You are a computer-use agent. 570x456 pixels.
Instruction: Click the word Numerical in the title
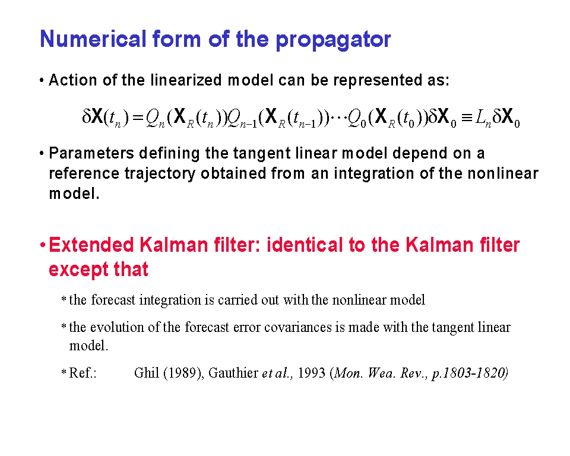tap(93, 39)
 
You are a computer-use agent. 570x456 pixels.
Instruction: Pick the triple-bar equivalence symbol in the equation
tap(467, 118)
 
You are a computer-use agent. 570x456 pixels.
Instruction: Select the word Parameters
tap(91, 153)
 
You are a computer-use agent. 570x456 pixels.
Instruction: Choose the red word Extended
tap(91, 245)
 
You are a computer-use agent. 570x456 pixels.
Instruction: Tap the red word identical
tap(305, 245)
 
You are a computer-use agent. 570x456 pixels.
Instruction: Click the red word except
tap(78, 270)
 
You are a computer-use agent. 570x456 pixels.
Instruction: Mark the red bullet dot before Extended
tap(43, 245)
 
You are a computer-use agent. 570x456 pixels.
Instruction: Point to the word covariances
tap(298, 328)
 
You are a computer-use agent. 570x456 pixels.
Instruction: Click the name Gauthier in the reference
tap(233, 373)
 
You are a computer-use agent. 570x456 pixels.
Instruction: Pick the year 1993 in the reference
tap(312, 373)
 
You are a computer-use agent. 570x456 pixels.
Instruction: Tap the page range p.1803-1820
tap(470, 373)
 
